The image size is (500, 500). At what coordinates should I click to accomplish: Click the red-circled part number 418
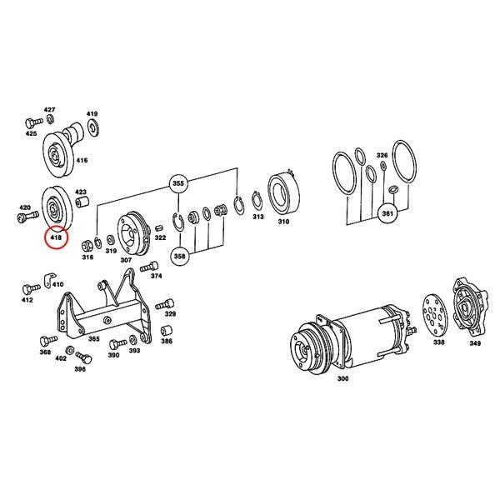(x=57, y=238)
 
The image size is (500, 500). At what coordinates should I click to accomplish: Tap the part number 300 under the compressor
(x=342, y=379)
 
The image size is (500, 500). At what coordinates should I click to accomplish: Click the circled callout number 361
(x=387, y=213)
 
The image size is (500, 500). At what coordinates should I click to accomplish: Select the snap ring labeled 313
(x=257, y=203)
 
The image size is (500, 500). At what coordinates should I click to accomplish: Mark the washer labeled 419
(x=92, y=126)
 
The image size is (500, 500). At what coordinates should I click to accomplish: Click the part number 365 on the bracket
(x=94, y=339)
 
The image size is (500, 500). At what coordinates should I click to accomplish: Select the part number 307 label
(x=126, y=259)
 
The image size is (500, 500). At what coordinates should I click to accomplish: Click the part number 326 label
(x=382, y=156)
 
